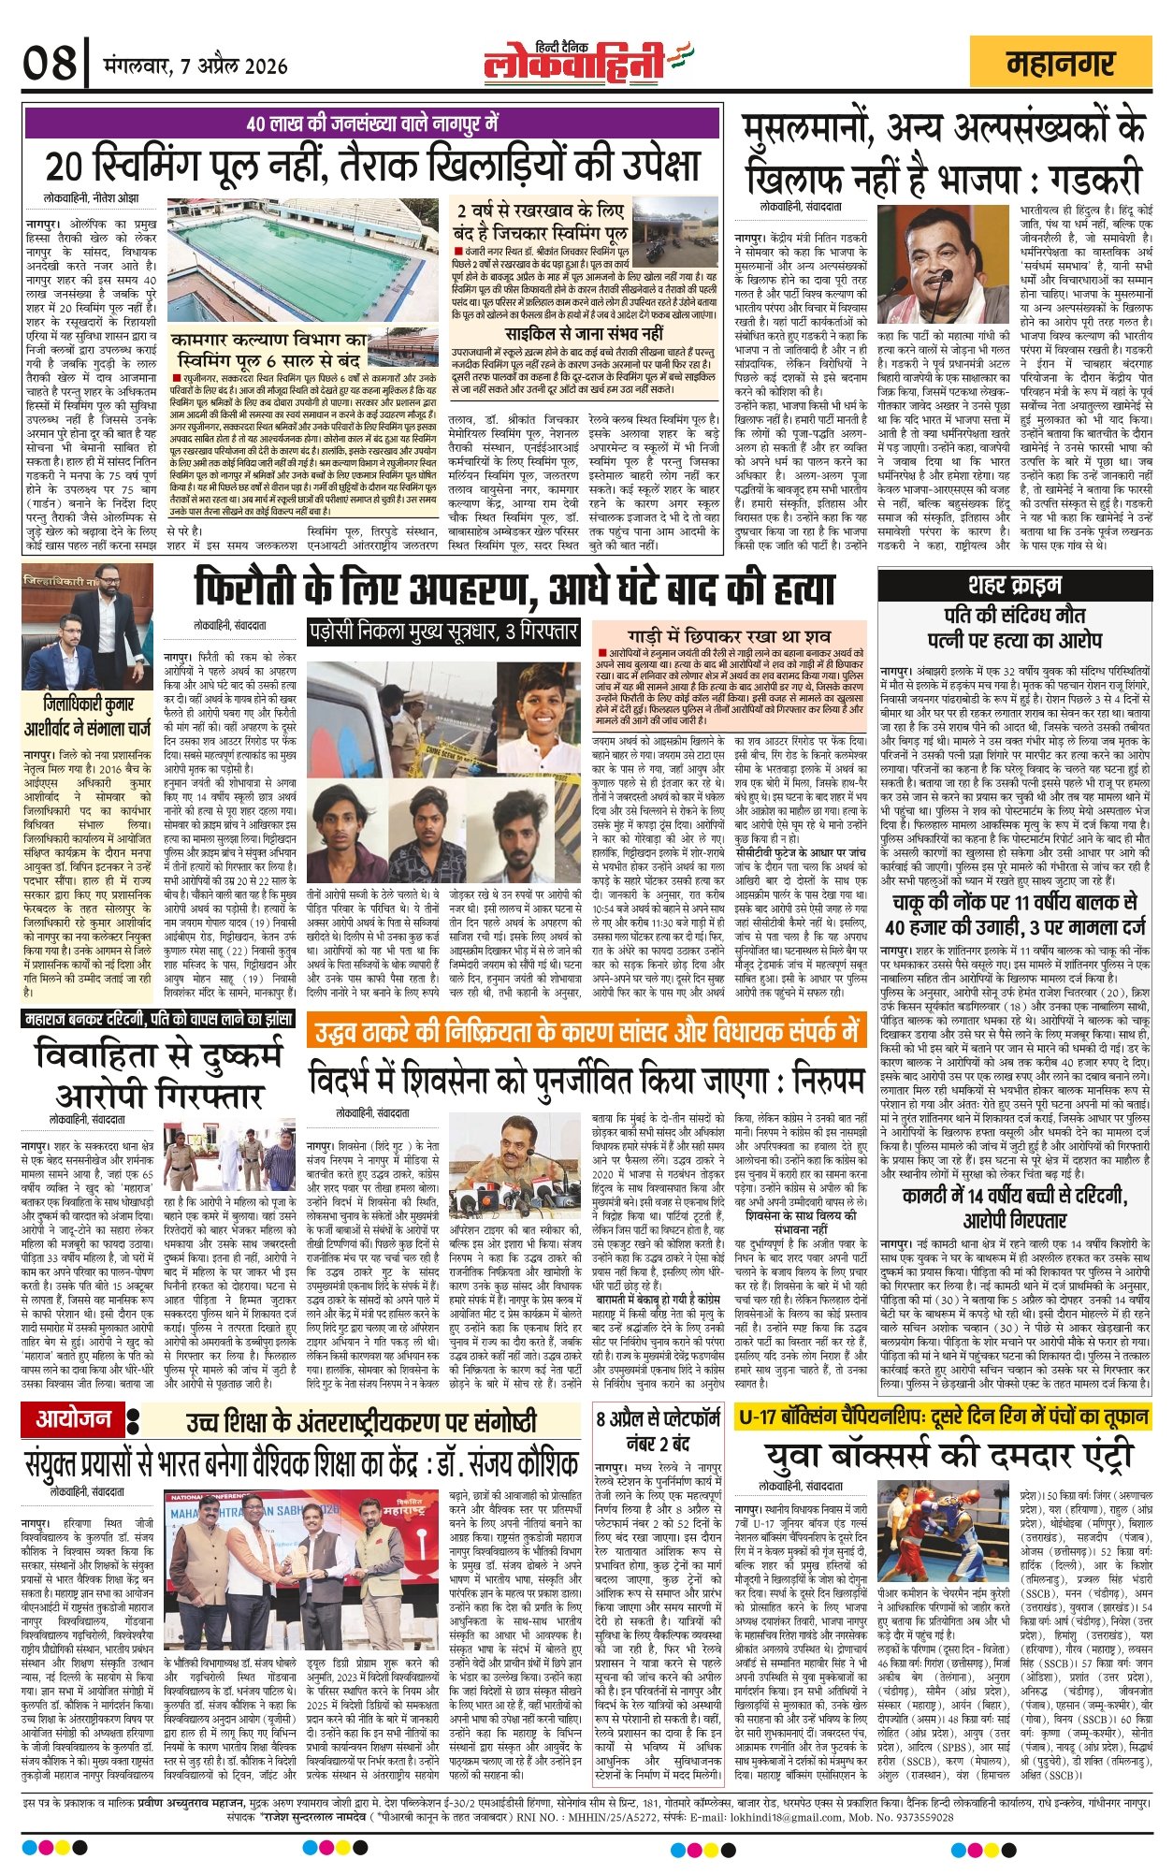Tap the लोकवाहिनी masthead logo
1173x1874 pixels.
(575, 64)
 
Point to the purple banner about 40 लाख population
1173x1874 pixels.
(373, 123)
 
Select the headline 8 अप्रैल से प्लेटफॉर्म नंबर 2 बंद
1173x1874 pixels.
(659, 1431)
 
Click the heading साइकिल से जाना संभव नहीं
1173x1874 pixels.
(584, 333)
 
